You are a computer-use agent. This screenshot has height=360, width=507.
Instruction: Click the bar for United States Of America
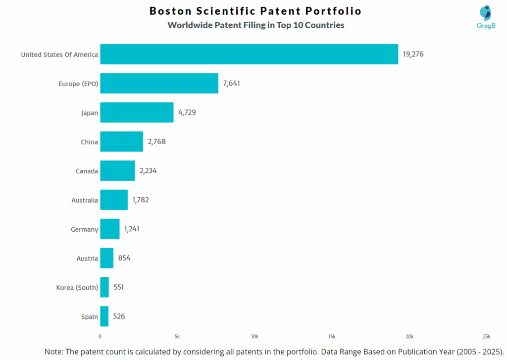[x=249, y=54]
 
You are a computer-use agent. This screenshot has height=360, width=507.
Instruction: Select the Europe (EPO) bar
[x=159, y=83]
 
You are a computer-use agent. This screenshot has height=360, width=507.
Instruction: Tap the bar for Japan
[x=137, y=112]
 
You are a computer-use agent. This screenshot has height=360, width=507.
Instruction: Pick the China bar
[x=121, y=142]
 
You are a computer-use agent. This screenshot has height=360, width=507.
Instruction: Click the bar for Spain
[x=104, y=316]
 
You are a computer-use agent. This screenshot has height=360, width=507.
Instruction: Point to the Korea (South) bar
[x=104, y=287]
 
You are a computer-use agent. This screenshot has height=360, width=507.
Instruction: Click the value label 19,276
[x=413, y=54]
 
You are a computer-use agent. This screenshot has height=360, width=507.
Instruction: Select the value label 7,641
[x=231, y=83]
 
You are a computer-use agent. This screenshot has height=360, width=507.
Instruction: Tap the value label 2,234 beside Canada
[x=148, y=171]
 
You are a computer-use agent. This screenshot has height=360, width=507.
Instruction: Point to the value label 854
[x=124, y=258]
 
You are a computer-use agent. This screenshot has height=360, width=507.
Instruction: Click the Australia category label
[x=85, y=201]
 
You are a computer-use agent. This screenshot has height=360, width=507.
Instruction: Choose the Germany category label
[x=85, y=230]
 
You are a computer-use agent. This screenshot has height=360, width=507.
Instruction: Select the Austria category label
[x=87, y=258]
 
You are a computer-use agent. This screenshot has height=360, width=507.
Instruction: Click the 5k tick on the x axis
[x=177, y=337]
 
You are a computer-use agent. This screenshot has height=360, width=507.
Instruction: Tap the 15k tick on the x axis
[x=332, y=337]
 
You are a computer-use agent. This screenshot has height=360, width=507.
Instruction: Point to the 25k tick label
[x=486, y=337]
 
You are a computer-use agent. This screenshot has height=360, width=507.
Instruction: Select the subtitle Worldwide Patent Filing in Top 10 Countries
[x=255, y=25]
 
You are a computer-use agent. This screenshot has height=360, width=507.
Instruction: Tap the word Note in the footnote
[x=53, y=351]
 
